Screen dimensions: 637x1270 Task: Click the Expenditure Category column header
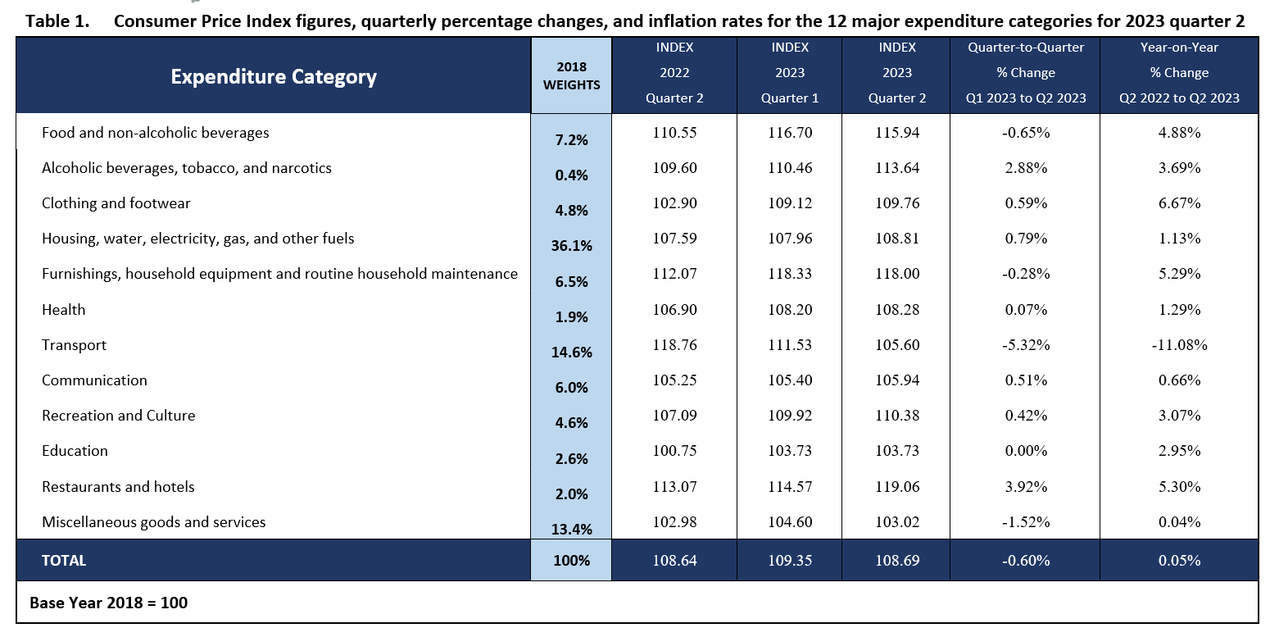pyautogui.click(x=273, y=77)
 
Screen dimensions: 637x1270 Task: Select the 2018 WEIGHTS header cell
pyautogui.click(x=571, y=75)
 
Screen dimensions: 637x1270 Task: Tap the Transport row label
pyautogui.click(x=75, y=345)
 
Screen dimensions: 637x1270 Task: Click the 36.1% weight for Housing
pyautogui.click(x=571, y=245)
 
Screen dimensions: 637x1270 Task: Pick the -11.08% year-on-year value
pyautogui.click(x=1179, y=345)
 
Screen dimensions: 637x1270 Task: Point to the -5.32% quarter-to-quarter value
pyautogui.click(x=1025, y=345)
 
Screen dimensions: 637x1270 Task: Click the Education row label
pyautogui.click(x=75, y=451)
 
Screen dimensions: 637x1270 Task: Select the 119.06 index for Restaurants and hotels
pyautogui.click(x=897, y=487)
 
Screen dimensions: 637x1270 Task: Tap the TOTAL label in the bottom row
pyautogui.click(x=64, y=561)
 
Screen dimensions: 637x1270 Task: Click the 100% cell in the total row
pyautogui.click(x=571, y=561)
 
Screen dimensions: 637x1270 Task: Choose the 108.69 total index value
pyautogui.click(x=897, y=561)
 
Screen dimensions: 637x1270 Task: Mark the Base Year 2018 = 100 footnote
pyautogui.click(x=109, y=603)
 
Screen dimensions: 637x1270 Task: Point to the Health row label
pyautogui.click(x=64, y=310)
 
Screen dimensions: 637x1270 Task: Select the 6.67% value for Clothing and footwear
pyautogui.click(x=1179, y=203)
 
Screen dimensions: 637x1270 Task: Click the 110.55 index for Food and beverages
pyautogui.click(x=675, y=133)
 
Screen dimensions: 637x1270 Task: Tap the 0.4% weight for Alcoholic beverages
pyautogui.click(x=571, y=175)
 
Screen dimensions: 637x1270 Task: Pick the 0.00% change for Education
pyautogui.click(x=1025, y=451)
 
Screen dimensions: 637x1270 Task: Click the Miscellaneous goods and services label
pyautogui.click(x=154, y=522)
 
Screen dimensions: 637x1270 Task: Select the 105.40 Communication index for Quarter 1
pyautogui.click(x=790, y=380)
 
